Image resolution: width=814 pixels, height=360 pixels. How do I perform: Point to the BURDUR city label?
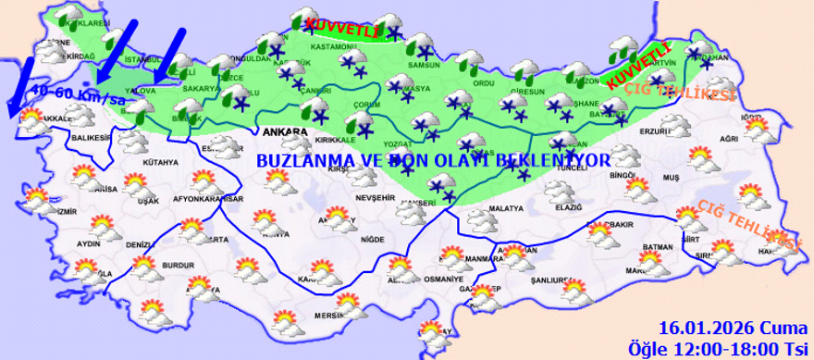pyautogui.click(x=178, y=265)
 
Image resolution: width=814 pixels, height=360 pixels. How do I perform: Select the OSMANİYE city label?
pyautogui.click(x=442, y=279)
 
